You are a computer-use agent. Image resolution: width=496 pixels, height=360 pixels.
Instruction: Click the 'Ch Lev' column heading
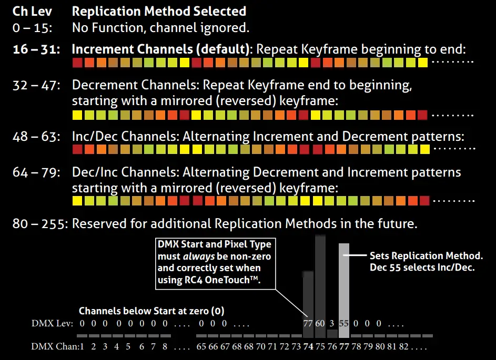[x=32, y=11]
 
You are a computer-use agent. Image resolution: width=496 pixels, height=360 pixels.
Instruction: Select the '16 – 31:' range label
[x=36, y=49]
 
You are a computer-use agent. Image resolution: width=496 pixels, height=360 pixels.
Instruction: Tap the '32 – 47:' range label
[x=36, y=85]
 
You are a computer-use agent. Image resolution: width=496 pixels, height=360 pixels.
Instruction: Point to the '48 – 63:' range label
[x=36, y=137]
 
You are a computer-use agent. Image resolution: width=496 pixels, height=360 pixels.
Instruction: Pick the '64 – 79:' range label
[x=36, y=172]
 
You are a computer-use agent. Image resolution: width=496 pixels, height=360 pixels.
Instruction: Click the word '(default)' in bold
[x=225, y=49]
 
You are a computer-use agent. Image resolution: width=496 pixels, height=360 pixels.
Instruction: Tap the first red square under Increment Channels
[x=77, y=63]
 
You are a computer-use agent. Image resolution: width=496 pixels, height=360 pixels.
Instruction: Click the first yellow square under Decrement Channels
[x=77, y=115]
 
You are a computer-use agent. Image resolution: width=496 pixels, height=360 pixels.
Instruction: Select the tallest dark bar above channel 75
[x=320, y=279]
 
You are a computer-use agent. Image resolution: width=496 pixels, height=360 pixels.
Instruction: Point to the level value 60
[x=320, y=323]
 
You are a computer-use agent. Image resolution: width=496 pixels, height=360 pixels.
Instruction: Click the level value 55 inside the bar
[x=344, y=323]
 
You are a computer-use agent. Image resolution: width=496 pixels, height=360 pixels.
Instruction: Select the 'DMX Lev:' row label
[x=52, y=323]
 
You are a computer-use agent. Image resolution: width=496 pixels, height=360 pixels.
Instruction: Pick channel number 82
[x=404, y=346]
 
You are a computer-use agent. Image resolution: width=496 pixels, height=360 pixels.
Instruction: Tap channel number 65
[x=201, y=346]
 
